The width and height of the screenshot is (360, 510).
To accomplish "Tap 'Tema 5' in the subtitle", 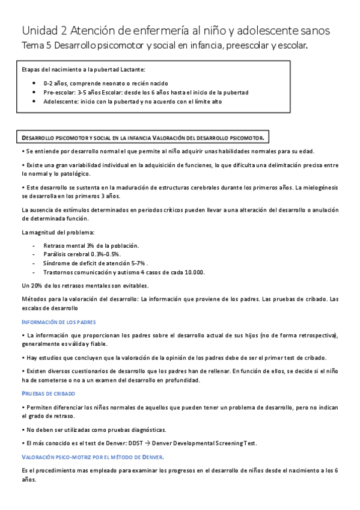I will click(37, 46).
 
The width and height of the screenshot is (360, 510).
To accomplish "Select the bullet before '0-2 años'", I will click(37, 84).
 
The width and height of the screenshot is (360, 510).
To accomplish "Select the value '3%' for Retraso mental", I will click(91, 245).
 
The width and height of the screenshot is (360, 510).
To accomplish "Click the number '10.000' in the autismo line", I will click(194, 272).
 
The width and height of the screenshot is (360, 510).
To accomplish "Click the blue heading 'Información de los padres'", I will click(58, 322).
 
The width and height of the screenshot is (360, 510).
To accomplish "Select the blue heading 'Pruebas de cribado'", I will click(48, 393).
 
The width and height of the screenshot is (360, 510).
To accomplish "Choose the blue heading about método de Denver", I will click(93, 457).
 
